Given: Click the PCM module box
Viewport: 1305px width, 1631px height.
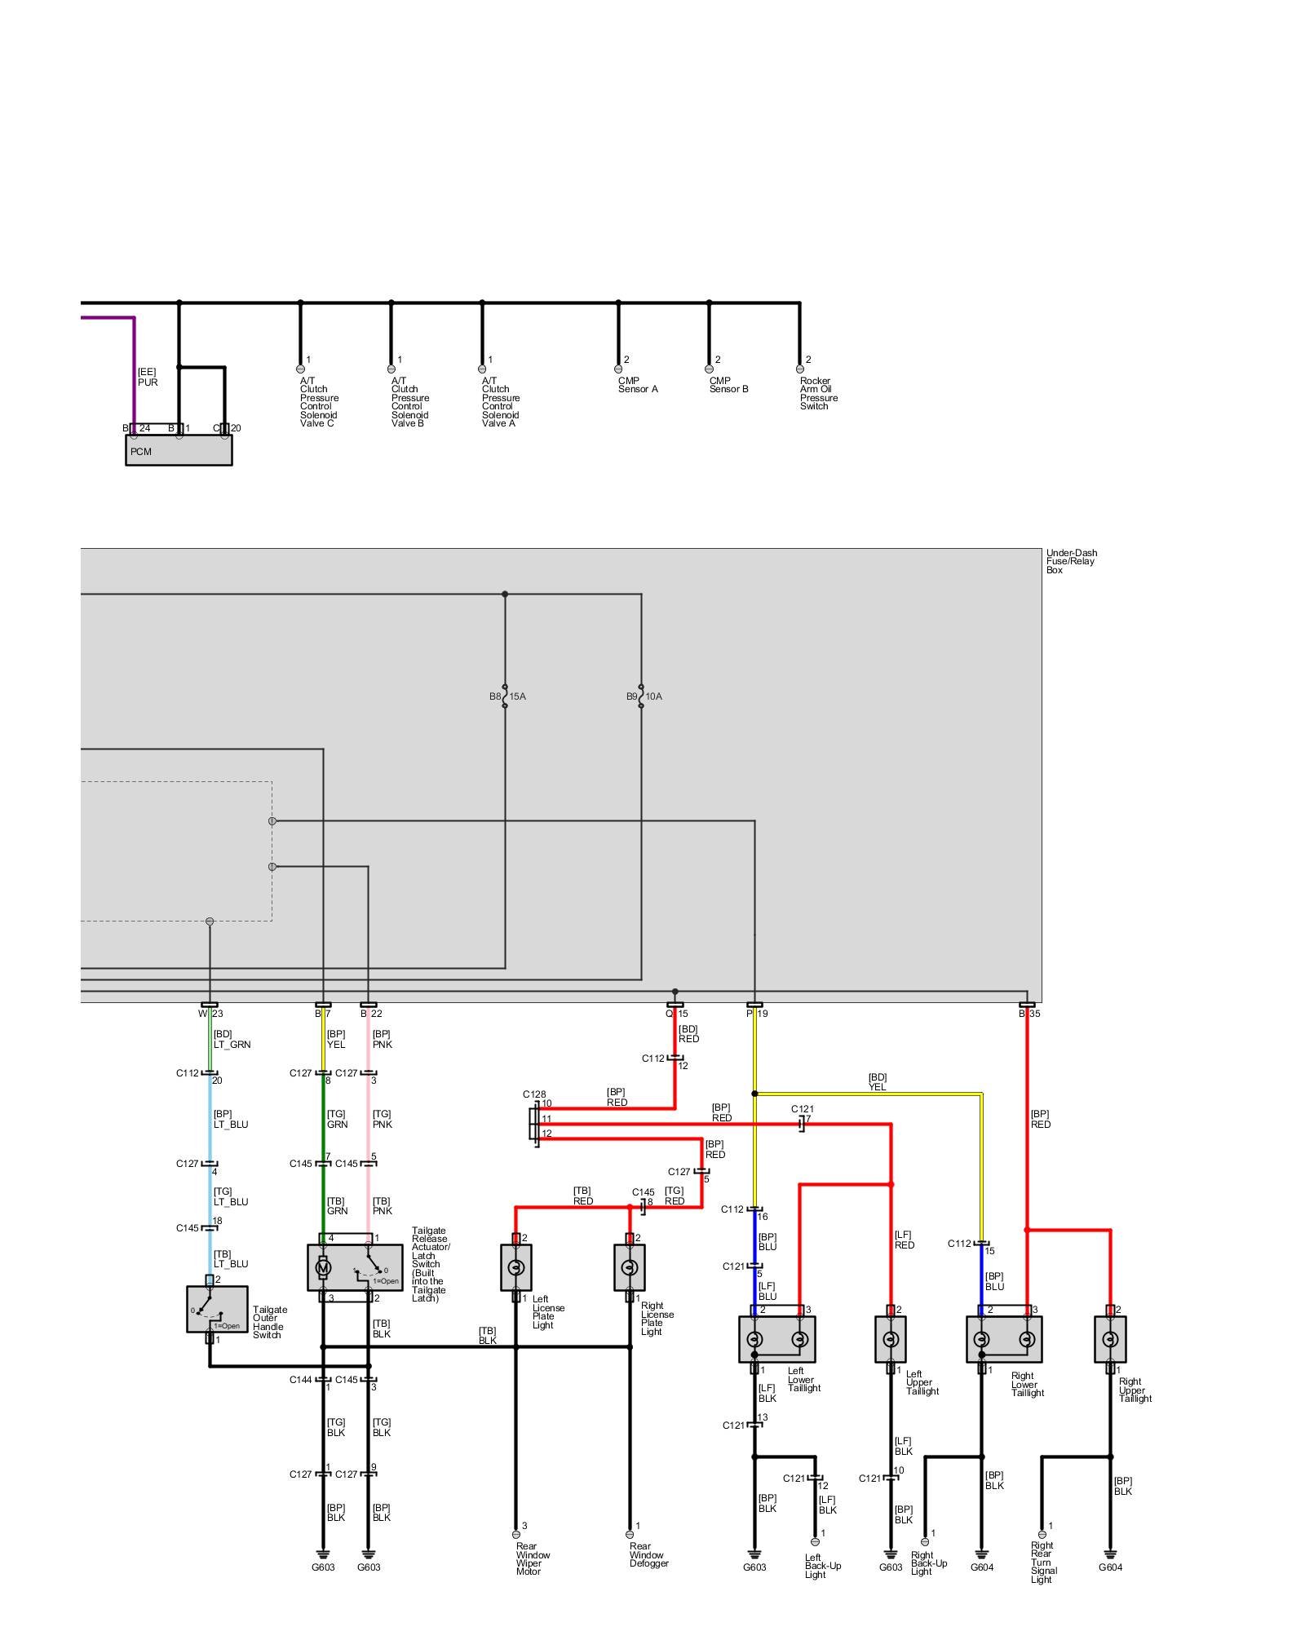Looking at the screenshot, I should pos(179,449).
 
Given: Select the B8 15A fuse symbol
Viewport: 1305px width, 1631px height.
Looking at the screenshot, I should pos(505,696).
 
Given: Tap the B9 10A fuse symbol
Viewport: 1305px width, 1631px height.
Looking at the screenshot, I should pos(641,696).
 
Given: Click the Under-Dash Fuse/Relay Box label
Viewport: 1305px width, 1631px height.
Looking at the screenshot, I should pos(1071,561).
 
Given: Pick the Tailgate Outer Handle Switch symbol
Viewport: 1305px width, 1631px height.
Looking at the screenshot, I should pos(217,1309).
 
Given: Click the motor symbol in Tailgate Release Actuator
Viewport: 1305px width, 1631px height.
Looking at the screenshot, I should pos(323,1268).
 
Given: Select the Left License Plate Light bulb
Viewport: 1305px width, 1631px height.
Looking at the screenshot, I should pos(515,1267).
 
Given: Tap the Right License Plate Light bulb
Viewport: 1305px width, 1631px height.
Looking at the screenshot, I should pos(629,1267).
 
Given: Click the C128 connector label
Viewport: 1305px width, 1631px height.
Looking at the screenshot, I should pos(534,1094).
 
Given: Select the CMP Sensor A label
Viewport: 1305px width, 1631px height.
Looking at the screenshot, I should pos(638,385).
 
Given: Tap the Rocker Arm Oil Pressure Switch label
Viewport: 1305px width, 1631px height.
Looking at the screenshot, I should pos(818,393).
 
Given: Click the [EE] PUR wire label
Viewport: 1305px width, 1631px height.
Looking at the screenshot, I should pos(148,377).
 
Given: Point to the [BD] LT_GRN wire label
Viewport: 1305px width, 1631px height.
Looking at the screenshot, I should pos(232,1039).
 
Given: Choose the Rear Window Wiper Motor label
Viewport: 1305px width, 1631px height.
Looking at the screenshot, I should pos(533,1558).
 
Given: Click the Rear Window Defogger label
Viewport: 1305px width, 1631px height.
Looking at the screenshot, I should pos(648,1554).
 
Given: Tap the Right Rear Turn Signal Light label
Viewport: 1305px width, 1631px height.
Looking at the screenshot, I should pos(1043,1562).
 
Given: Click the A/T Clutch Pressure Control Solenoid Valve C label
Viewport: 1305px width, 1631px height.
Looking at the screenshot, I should pos(319,402).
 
